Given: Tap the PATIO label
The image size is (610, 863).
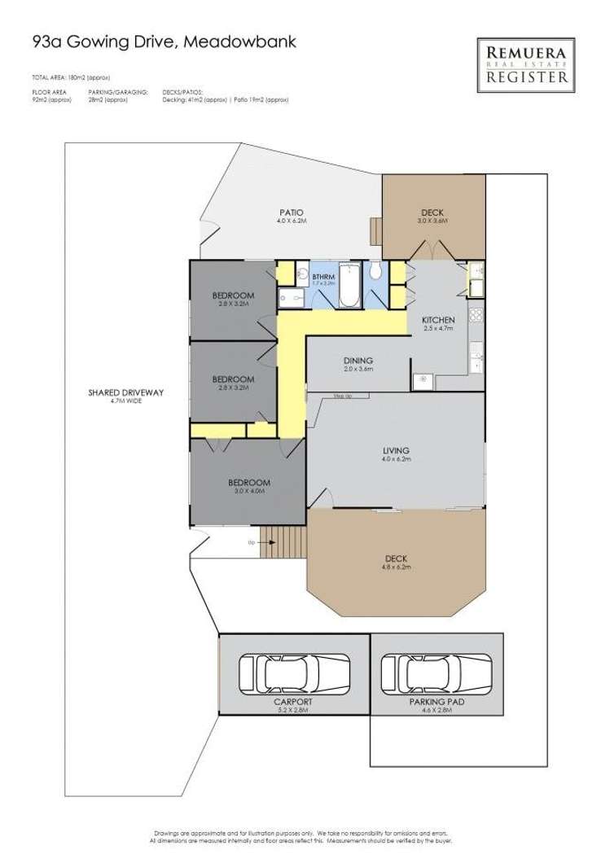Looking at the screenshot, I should click(283, 212).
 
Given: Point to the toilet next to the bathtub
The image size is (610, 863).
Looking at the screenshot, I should click(375, 270).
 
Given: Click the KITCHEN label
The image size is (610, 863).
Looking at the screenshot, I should click(437, 320).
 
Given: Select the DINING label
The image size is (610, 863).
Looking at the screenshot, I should click(358, 360).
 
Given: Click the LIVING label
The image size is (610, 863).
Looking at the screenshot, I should click(396, 450).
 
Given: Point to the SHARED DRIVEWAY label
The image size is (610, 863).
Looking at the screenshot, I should click(126, 392).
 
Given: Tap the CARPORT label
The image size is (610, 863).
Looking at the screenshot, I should click(294, 700).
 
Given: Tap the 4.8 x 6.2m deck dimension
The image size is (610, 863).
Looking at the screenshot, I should click(396, 567).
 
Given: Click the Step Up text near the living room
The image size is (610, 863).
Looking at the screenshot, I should click(343, 396).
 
